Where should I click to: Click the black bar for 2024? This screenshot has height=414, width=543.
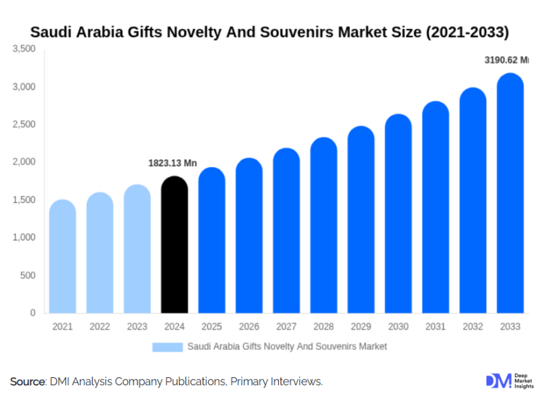tap(175, 245)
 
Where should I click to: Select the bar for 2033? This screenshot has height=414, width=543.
tap(510, 194)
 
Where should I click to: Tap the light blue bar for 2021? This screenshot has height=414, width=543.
tap(63, 257)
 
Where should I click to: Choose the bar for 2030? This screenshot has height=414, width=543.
tap(398, 214)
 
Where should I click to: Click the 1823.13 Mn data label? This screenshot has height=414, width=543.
tap(172, 163)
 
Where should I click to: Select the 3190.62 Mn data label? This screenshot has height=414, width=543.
tap(506, 60)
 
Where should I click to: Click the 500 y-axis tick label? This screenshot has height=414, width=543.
tap(28, 275)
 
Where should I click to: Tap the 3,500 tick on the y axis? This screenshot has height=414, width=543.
tap(24, 49)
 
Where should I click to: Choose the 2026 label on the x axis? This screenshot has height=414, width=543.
tap(249, 327)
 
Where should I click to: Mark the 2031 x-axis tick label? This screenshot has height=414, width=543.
tap(436, 327)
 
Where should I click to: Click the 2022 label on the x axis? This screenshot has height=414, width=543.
tap(100, 327)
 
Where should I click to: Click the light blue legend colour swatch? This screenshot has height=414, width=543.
tap(167, 347)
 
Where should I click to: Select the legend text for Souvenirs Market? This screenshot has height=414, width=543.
tap(287, 347)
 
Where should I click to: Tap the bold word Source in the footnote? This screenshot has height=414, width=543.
tap(27, 382)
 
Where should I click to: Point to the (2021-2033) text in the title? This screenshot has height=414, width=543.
tap(468, 31)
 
